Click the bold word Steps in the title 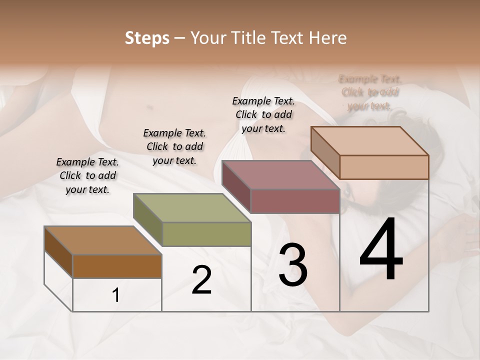[x=147, y=38]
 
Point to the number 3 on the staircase [x=292, y=265]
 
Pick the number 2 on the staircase [x=201, y=280]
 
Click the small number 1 [x=116, y=295]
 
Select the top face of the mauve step [x=280, y=175]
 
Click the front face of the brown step [x=117, y=266]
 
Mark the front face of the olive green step [x=206, y=234]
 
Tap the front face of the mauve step [x=295, y=201]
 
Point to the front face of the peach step [x=384, y=167]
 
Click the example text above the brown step [x=87, y=175]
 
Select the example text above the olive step [x=174, y=146]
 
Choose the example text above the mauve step [x=263, y=114]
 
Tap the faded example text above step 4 [x=370, y=92]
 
